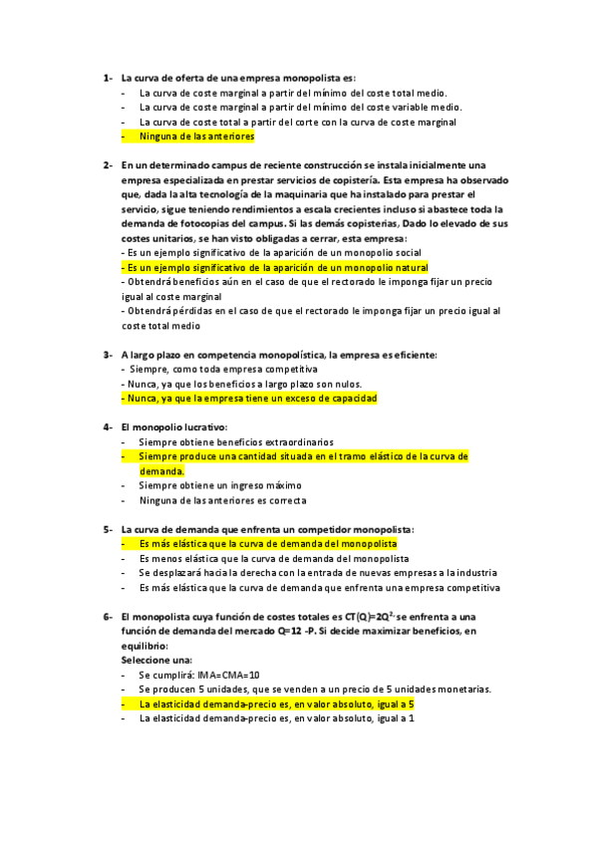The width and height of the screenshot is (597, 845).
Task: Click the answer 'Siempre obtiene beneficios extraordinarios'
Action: pyautogui.click(x=236, y=441)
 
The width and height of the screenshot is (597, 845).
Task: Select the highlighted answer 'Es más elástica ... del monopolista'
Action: pyautogui.click(x=267, y=544)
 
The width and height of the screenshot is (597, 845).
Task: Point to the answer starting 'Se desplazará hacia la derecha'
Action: pyautogui.click(x=317, y=573)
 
